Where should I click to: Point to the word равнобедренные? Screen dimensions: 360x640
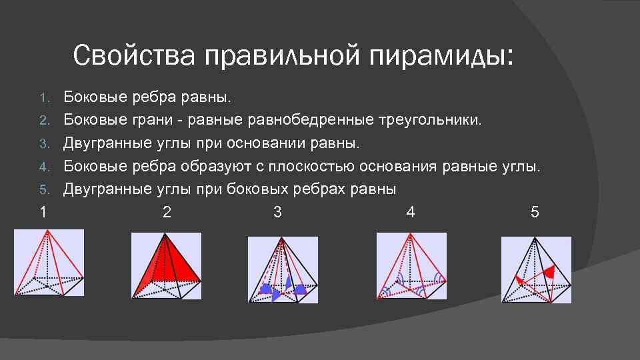pos(312,121)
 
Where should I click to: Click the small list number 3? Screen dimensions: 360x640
pos(44,144)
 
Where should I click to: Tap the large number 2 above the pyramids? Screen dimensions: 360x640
pos(166,213)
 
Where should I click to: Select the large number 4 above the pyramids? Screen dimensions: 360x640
pos(410,213)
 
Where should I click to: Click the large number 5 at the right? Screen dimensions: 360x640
pos(535,213)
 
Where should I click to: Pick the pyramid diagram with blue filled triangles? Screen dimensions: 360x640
pos(283,270)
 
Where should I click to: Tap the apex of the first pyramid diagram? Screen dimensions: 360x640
pos(47,231)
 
